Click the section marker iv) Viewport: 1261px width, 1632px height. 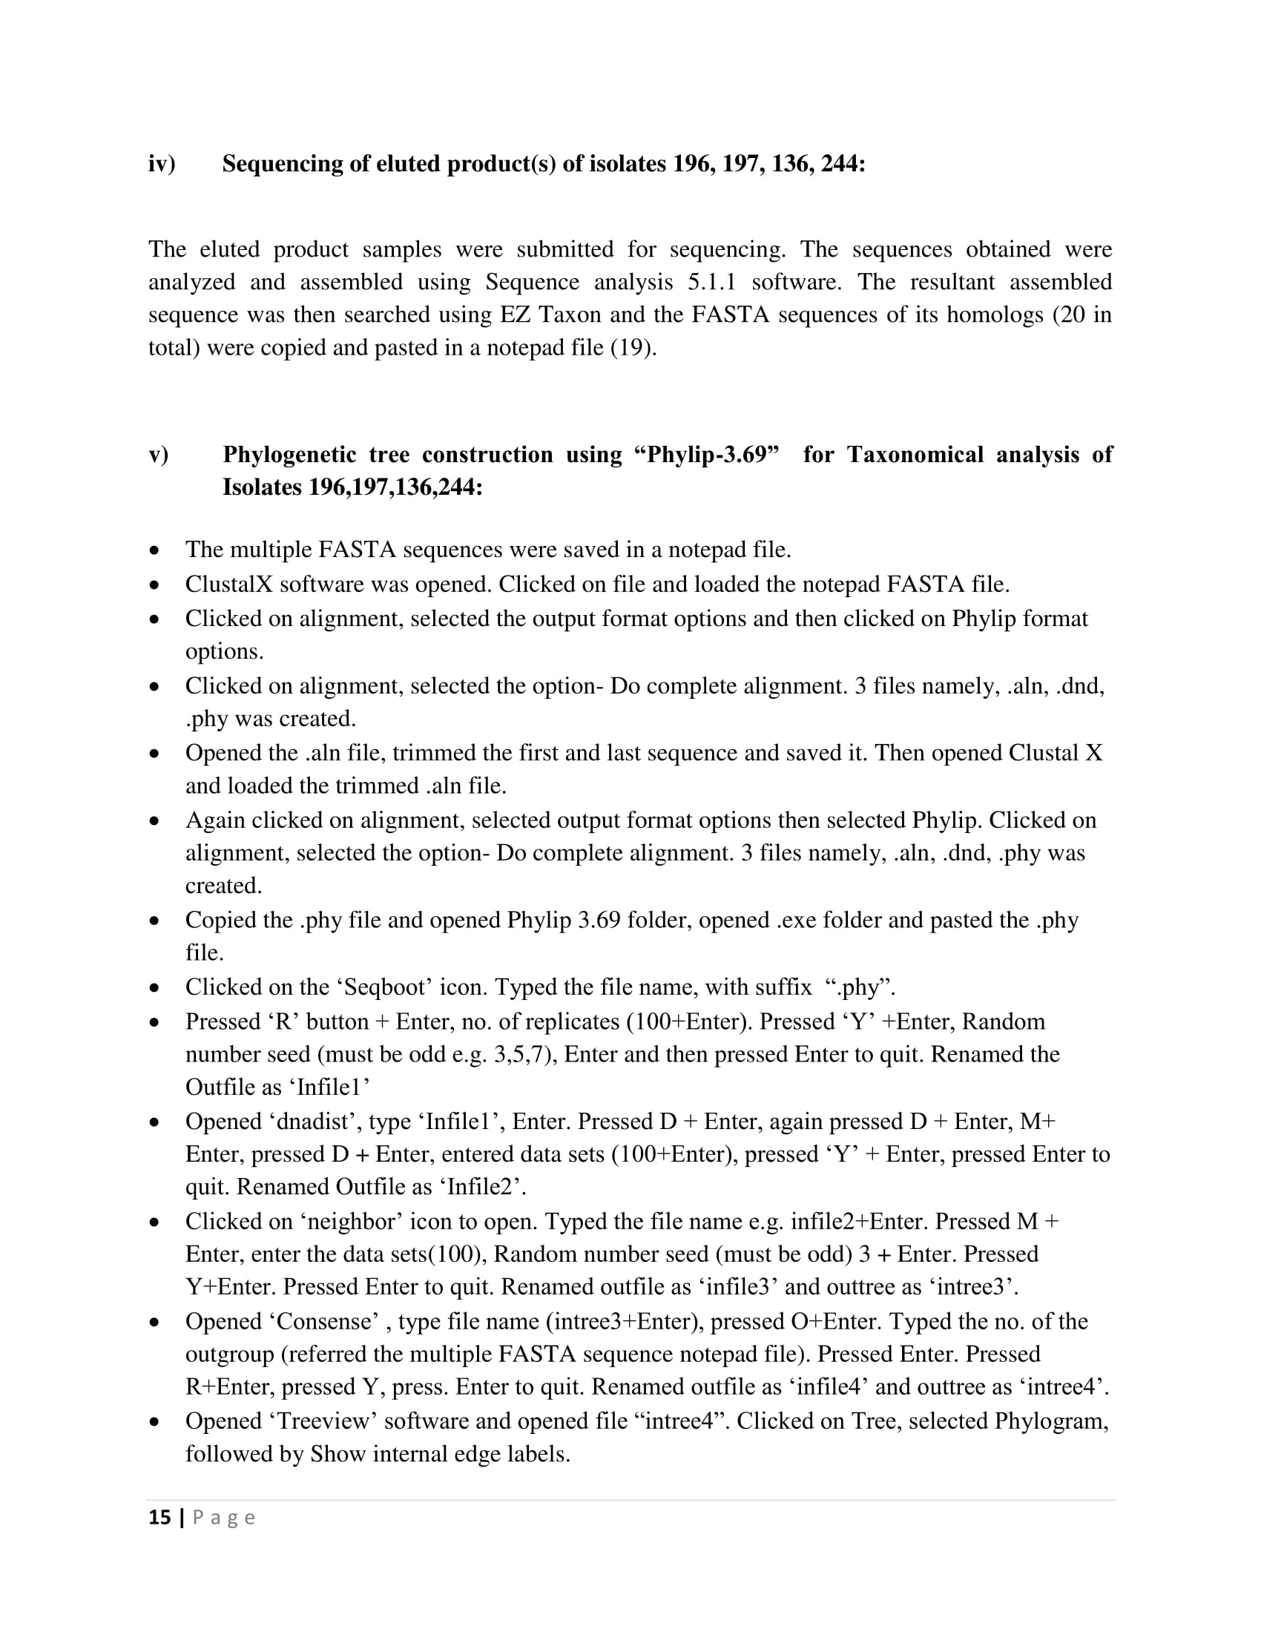click(162, 164)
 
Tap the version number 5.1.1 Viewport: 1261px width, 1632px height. click(711, 282)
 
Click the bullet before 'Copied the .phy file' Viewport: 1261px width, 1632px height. click(154, 921)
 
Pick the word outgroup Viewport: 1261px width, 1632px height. click(229, 1354)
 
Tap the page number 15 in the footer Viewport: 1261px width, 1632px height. click(160, 1518)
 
